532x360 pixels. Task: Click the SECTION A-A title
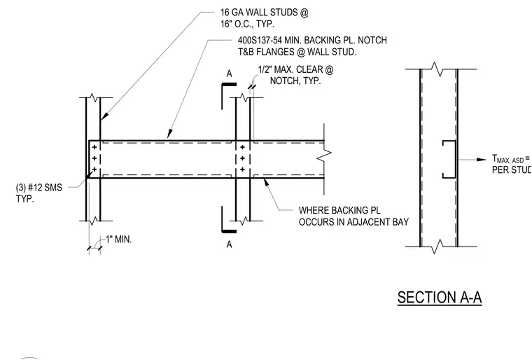pos(440,297)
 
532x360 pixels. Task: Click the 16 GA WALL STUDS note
pos(265,18)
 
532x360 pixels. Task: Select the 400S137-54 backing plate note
pos(312,46)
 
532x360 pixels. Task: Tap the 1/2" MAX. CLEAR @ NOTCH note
pos(295,75)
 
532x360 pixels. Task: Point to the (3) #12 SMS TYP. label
pos(39,193)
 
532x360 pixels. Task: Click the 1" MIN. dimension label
pos(118,240)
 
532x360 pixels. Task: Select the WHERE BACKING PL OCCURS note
pos(353,216)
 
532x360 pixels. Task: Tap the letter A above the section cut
pos(230,74)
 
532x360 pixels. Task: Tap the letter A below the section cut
pos(230,244)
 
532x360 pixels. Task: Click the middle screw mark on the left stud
pos(94,158)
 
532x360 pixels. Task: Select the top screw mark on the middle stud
pos(243,147)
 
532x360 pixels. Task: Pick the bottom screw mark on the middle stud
pos(243,169)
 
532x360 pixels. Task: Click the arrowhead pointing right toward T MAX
pos(482,160)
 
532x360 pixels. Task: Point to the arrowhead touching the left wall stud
pos(104,116)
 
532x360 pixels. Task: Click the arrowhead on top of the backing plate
pos(170,134)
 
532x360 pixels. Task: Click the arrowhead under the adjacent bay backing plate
pos(267,183)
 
